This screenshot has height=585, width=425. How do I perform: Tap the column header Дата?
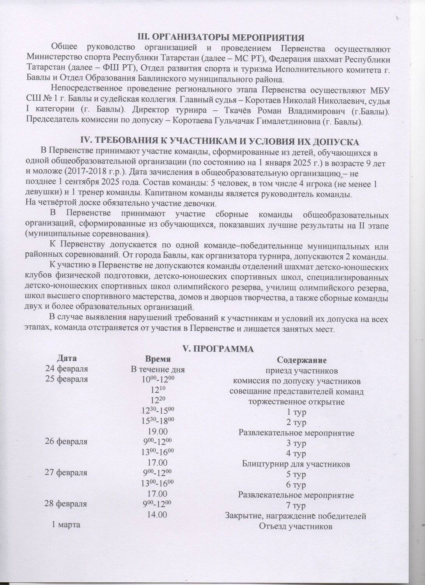tap(67, 358)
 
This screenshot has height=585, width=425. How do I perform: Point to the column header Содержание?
tap(301, 359)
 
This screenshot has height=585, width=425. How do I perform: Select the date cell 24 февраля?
tap(67, 369)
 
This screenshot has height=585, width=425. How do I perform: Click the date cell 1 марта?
tap(66, 525)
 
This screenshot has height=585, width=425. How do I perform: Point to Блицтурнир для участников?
tap(296, 464)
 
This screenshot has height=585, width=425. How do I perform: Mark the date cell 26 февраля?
tap(67, 441)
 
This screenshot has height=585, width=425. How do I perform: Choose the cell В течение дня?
tap(158, 369)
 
